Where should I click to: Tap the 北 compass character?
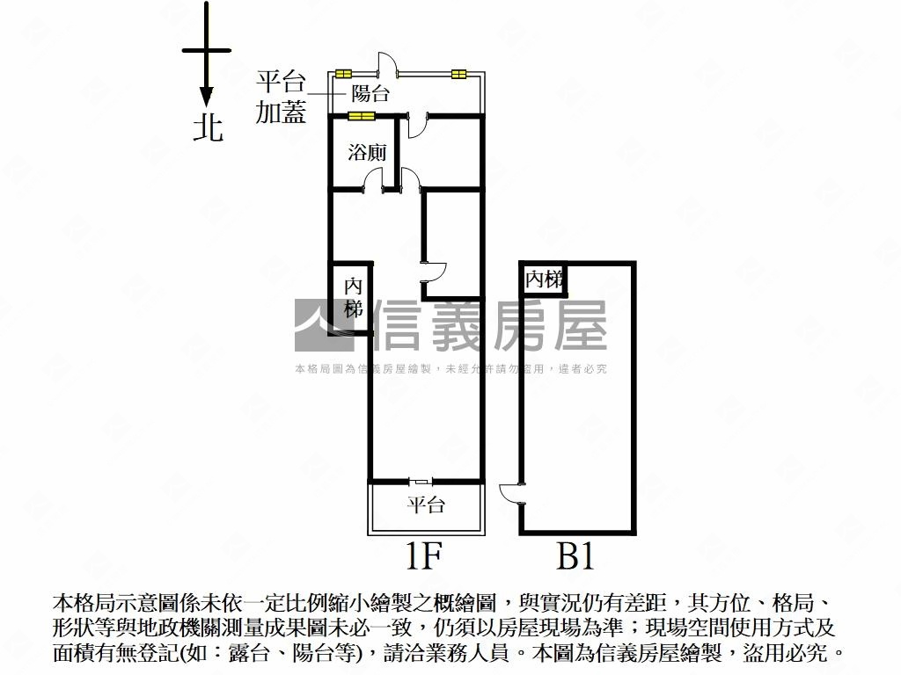tap(209, 128)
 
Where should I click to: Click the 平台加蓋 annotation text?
tap(281, 98)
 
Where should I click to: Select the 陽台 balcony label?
tap(370, 93)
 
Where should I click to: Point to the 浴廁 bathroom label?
tap(367, 152)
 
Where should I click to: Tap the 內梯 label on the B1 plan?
tap(543, 279)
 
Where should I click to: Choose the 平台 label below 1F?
tap(425, 505)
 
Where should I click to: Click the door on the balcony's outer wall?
tap(387, 66)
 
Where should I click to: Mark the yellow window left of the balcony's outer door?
tap(342, 74)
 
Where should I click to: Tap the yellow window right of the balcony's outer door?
tap(458, 74)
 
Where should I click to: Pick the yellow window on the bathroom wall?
tap(361, 116)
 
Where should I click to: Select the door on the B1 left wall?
tap(511, 491)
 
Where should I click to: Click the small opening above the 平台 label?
tap(421, 481)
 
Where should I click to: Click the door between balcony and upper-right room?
tap(417, 126)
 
